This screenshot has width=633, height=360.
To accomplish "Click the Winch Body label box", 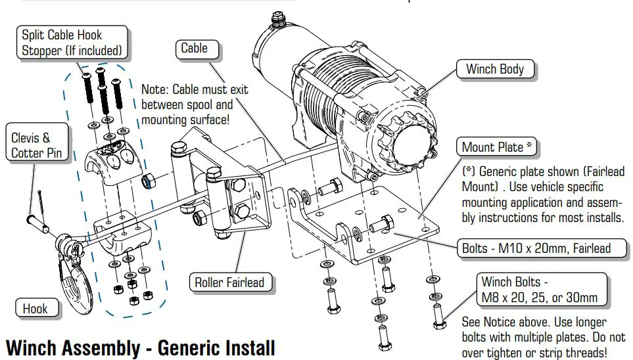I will coord(494,69).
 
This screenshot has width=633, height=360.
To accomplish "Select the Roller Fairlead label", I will coord(229,283).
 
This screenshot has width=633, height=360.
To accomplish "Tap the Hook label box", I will coord(35,307).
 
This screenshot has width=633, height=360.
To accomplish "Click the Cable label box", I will coord(194,49).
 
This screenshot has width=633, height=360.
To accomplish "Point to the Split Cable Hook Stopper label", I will coord(72,42).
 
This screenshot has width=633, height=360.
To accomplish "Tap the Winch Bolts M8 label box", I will coord(539,290).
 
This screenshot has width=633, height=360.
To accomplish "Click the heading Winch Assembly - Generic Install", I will coord(140,348).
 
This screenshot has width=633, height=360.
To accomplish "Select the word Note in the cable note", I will coord(155,89).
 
